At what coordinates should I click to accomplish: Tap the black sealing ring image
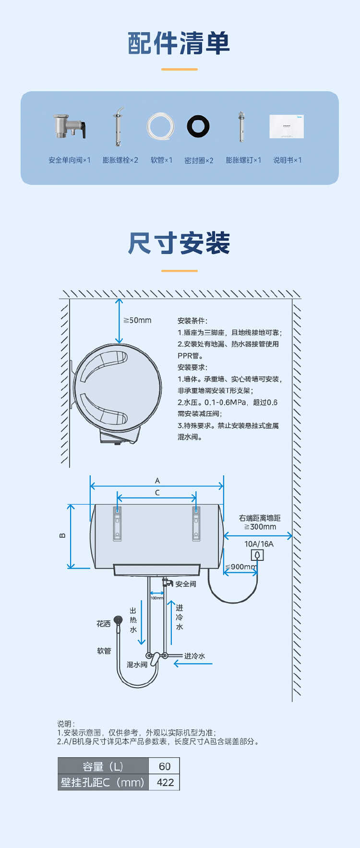198,126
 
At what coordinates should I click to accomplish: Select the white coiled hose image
160,127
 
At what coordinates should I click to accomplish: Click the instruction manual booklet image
287,126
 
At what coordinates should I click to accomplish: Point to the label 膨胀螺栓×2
120,160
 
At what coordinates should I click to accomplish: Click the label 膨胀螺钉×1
243,160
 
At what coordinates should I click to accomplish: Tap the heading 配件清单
179,44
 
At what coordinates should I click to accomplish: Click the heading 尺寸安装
179,243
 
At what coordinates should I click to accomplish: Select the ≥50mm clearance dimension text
138,320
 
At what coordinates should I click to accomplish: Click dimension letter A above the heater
157,481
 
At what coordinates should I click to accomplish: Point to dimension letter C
157,493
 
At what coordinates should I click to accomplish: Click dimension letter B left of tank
62,535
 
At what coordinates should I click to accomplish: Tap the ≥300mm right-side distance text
260,527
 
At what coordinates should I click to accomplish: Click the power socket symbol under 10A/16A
257,556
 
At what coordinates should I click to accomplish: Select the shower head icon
118,620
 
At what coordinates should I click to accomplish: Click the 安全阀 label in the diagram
185,584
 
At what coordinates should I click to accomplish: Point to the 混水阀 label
137,665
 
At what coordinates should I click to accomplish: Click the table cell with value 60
164,766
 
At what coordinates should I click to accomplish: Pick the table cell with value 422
165,782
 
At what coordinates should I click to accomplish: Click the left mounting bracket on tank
117,523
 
